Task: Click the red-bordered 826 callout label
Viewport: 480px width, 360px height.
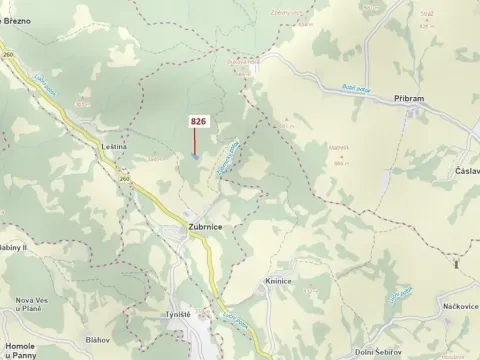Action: click(198, 121)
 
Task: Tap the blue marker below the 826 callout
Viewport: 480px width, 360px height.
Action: click(195, 155)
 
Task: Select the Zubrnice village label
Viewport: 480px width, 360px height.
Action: click(204, 228)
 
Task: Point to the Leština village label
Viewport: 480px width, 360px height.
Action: click(114, 147)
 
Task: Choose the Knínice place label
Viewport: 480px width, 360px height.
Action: click(278, 281)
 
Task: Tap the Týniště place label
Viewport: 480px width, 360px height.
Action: click(178, 314)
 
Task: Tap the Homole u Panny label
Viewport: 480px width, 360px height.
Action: click(20, 349)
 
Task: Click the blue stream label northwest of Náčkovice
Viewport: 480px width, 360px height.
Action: click(402, 292)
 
